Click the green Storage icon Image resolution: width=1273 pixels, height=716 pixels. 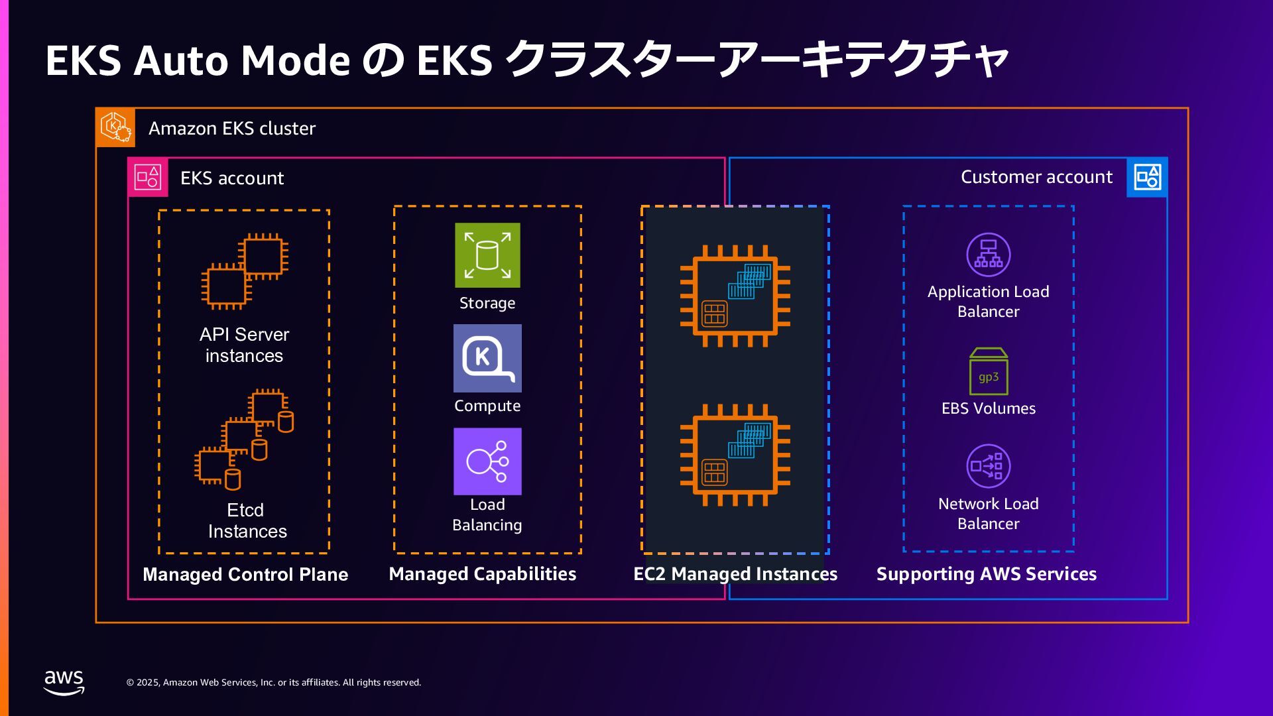[487, 255]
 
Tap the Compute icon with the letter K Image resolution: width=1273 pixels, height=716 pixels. [487, 358]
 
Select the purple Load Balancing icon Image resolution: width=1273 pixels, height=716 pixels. [487, 461]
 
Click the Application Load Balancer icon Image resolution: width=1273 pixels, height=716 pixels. [988, 255]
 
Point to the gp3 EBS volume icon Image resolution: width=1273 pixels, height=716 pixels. [988, 372]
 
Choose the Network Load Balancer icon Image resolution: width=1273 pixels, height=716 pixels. [988, 466]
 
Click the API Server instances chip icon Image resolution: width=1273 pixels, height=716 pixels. [245, 271]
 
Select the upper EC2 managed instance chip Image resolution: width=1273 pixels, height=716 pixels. [735, 296]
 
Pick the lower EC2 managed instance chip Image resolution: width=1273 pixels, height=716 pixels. [735, 455]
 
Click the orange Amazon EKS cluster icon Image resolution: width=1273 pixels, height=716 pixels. [115, 127]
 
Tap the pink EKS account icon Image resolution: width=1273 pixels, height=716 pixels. [148, 178]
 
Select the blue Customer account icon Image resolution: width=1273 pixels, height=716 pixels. [1147, 177]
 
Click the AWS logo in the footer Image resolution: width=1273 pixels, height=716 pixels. [64, 682]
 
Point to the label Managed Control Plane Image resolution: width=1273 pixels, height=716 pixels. [245, 574]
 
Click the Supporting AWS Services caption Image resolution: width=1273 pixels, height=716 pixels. [986, 574]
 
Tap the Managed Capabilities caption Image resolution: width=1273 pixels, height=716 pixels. [482, 574]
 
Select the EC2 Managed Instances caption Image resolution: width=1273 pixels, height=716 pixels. [735, 574]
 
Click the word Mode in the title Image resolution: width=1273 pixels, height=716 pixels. [295, 61]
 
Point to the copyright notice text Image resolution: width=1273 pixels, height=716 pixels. [274, 682]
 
